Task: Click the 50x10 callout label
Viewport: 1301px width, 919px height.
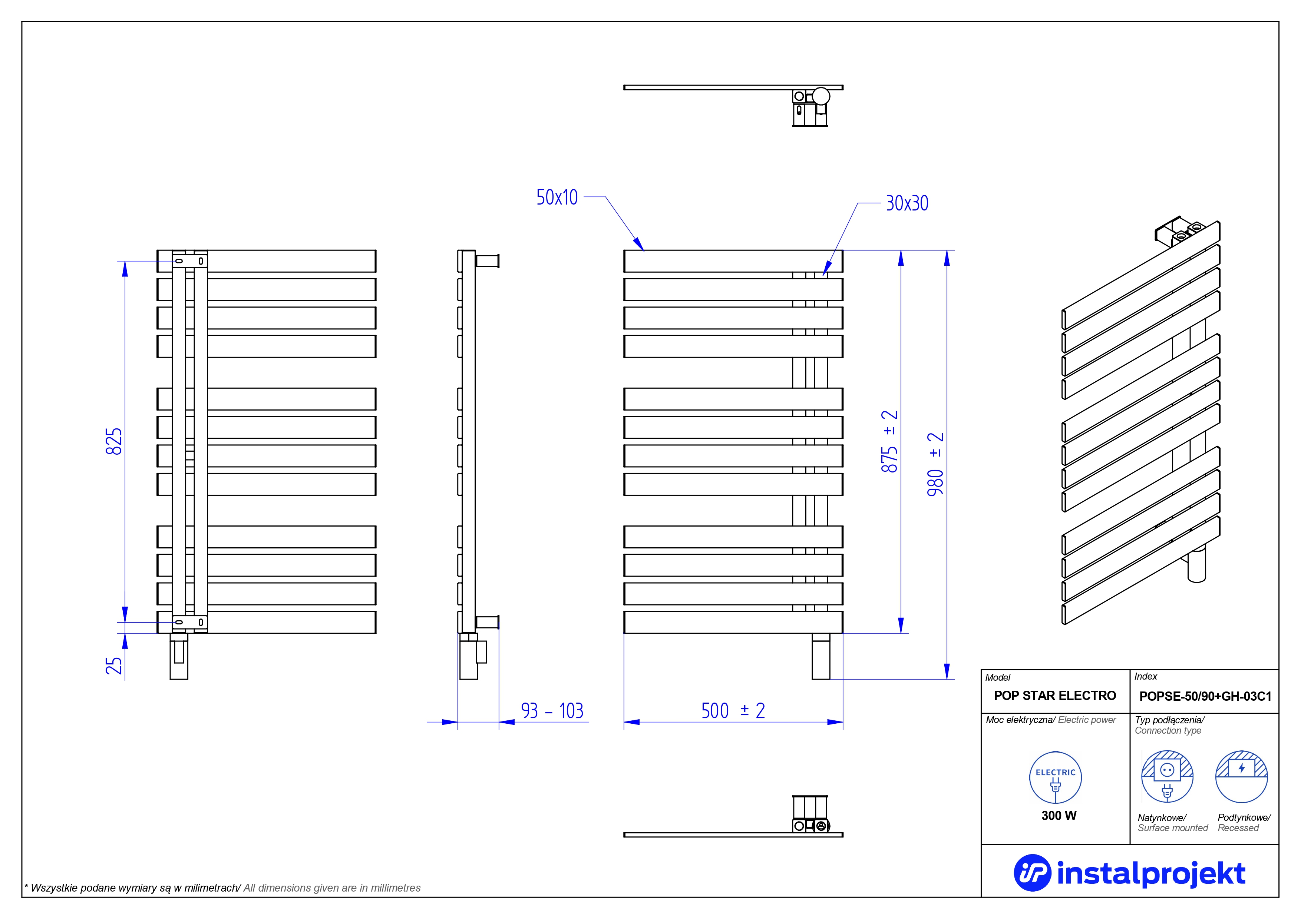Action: (557, 197)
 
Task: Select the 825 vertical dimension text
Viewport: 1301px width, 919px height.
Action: (114, 442)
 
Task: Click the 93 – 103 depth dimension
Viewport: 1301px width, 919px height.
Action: (552, 711)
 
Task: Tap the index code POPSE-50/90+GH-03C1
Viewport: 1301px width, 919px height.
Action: (1205, 696)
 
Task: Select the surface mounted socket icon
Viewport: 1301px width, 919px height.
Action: (1167, 777)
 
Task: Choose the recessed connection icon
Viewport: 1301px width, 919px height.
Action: (1242, 777)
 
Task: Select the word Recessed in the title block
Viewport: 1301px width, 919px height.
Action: (1238, 828)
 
